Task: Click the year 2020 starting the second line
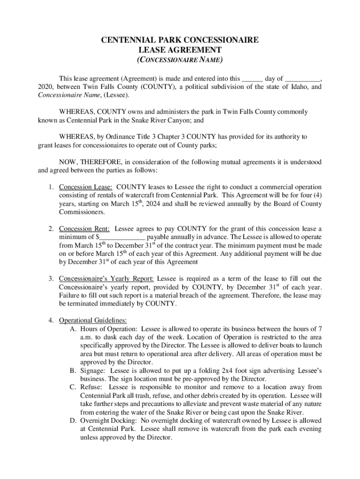[45, 87]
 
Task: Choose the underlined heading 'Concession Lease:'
[85, 187]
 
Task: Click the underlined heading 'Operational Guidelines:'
[93, 320]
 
